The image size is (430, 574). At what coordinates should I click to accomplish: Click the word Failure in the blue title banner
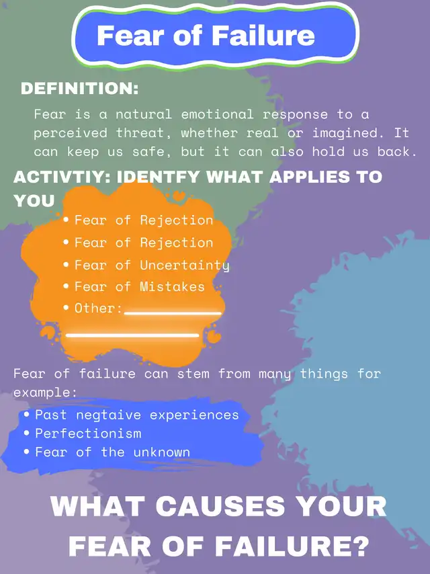point(263,36)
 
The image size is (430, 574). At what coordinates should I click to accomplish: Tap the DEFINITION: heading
point(80,89)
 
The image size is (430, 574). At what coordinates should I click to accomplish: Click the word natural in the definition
point(144,114)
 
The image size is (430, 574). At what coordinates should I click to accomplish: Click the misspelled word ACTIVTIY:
point(62,177)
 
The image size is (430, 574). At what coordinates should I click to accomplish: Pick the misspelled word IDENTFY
point(158,177)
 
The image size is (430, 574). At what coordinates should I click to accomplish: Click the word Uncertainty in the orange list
point(185,265)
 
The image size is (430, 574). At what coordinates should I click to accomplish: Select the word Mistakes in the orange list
point(173,286)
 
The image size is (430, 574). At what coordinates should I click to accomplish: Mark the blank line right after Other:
point(173,313)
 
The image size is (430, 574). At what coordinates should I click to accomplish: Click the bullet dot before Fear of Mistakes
point(66,286)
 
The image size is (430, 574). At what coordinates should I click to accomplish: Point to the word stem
point(193,374)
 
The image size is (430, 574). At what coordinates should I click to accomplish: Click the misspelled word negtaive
point(109,415)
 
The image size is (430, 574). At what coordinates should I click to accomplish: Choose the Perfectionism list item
point(88,434)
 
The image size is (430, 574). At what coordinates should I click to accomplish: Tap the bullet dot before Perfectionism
point(26,434)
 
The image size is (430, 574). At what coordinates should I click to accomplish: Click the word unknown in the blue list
point(162,452)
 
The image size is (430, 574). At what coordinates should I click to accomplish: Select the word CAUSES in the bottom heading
point(220,506)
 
